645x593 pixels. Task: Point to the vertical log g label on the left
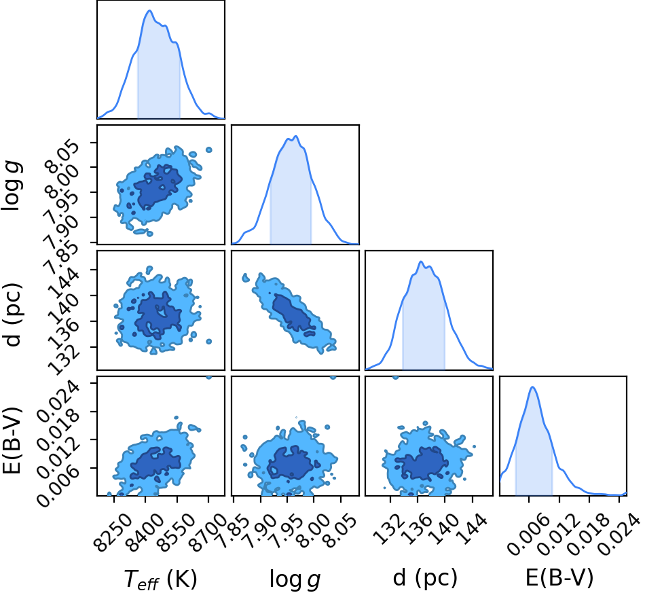11,186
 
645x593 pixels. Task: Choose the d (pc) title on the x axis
425,578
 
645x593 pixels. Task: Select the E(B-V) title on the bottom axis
559,578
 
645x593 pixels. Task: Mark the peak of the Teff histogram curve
149,11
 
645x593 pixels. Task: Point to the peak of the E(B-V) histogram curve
533,387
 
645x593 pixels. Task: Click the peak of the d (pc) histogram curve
421,262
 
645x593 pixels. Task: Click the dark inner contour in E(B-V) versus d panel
424,463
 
